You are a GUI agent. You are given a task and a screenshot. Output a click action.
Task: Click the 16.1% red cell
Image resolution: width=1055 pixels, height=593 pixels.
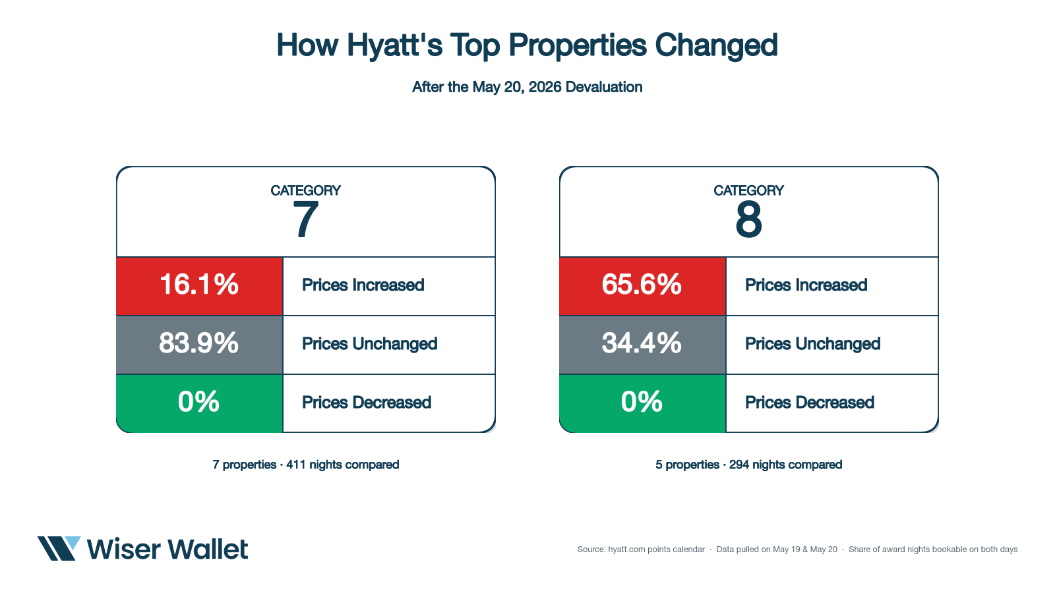point(199,286)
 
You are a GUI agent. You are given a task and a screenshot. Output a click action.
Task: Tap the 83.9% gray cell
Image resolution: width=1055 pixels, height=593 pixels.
point(199,345)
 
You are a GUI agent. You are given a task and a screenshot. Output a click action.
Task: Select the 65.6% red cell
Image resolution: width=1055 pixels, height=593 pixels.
point(642,286)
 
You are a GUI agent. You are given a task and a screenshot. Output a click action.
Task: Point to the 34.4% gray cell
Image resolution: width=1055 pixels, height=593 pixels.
point(642,345)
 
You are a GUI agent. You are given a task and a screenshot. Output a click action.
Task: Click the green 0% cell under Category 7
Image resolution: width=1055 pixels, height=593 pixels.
point(199,403)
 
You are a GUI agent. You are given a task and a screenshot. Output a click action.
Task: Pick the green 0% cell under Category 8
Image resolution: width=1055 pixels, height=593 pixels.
point(642,403)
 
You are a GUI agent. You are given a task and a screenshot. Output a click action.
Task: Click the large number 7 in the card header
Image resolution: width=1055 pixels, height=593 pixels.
point(305,219)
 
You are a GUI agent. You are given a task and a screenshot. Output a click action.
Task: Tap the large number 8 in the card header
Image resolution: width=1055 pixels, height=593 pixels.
point(748,219)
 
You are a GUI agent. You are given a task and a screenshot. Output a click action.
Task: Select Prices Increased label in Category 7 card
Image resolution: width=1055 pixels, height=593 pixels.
point(363,285)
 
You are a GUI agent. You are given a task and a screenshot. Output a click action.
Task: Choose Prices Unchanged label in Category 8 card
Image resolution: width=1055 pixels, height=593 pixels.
point(812,344)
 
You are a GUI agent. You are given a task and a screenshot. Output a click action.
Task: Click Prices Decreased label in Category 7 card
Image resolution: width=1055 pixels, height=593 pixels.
point(367,403)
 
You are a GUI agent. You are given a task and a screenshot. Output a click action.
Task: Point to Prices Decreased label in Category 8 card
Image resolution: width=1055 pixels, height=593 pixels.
point(810,403)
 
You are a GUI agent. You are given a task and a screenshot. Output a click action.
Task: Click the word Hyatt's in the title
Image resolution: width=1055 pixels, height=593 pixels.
point(395,45)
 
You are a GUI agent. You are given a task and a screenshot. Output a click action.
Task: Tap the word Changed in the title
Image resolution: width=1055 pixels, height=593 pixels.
point(716,46)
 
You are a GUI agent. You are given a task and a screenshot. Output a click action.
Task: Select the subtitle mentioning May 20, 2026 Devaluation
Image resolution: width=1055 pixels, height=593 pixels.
point(527,87)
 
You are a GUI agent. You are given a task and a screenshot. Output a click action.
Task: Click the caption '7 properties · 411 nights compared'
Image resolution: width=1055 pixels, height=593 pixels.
point(306,465)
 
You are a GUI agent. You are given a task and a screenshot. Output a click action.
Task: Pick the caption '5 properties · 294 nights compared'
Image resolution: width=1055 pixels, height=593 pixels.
point(749,465)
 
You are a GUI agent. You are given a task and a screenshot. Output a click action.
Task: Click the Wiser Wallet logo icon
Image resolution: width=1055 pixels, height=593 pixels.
point(59,548)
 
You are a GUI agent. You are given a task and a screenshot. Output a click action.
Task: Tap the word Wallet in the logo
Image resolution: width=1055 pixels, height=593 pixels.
point(208,550)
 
